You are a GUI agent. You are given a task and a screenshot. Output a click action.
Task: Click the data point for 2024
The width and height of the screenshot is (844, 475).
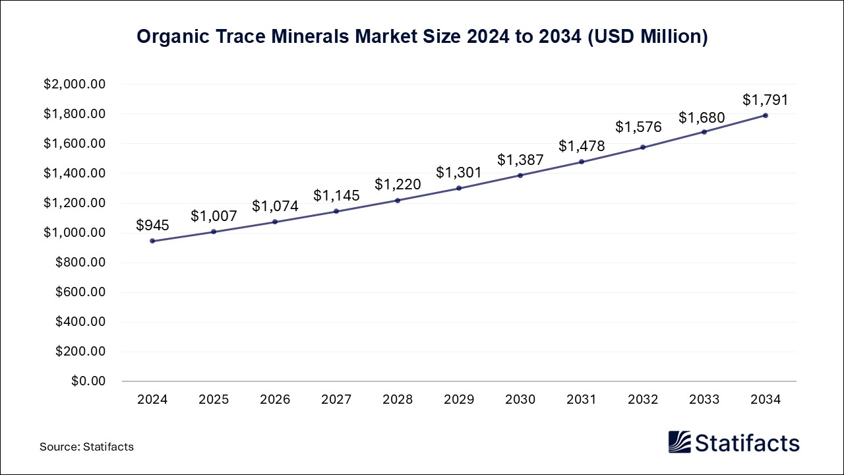tap(152, 241)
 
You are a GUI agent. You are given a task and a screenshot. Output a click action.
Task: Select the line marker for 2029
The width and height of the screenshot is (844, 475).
tap(459, 188)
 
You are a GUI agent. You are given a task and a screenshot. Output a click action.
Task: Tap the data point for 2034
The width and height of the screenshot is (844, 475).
tap(766, 115)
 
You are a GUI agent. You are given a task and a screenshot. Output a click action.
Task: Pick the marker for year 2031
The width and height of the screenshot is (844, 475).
tap(582, 162)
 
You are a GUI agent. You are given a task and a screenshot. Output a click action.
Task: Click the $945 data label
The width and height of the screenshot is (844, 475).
tap(152, 225)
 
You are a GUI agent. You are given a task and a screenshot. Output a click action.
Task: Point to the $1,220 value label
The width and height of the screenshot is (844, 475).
tap(398, 185)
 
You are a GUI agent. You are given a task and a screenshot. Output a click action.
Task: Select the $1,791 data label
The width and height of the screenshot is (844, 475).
tap(766, 100)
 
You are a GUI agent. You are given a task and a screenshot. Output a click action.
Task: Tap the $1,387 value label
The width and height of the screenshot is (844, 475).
tap(520, 160)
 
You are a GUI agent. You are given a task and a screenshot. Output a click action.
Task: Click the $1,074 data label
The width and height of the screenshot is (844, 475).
tap(275, 206)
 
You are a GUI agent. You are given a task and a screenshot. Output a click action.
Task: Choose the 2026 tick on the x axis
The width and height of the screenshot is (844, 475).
tap(275, 400)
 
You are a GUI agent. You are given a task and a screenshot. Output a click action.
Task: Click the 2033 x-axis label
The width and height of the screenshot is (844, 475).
tap(704, 400)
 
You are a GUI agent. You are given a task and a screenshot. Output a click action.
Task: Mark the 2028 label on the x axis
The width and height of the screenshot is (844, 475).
tap(398, 400)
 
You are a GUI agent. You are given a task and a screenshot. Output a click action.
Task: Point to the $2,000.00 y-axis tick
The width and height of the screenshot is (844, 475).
tap(75, 84)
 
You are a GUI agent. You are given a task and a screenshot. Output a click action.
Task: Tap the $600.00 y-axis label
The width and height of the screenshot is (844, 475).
tap(80, 292)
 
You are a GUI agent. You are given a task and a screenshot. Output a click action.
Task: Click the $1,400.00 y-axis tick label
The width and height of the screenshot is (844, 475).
tap(75, 174)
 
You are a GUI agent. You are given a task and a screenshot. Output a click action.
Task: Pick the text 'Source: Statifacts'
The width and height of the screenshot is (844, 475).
tap(86, 447)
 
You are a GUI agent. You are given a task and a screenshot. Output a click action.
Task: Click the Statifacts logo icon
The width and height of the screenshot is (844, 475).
tap(679, 442)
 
